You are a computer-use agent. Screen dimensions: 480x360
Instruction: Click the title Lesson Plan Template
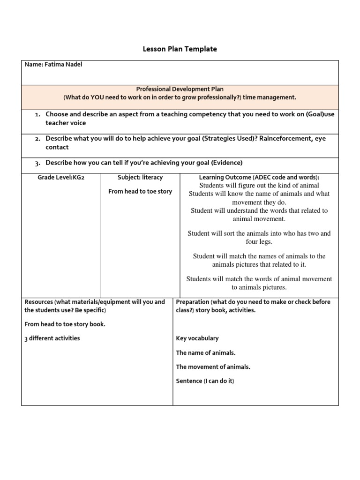point(180,49)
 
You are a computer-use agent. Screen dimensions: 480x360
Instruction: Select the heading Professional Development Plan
point(180,89)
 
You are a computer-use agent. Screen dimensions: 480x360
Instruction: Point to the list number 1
point(37,115)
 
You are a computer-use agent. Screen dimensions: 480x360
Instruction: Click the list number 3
point(37,163)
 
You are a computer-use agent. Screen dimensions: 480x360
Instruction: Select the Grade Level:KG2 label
point(61,178)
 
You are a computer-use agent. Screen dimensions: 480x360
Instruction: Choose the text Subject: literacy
point(140,178)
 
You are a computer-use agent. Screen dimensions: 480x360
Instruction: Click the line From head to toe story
point(140,191)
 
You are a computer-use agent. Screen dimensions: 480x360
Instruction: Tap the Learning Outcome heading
point(259,178)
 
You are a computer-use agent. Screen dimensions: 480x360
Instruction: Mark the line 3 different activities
point(52,338)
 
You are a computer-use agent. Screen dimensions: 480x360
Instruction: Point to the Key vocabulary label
point(197,338)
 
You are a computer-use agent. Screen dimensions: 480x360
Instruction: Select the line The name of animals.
point(206,352)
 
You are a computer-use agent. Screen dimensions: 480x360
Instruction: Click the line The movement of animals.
point(213,367)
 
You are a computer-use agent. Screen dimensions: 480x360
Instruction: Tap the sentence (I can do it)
point(218,381)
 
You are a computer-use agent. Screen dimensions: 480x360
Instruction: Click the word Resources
point(38,302)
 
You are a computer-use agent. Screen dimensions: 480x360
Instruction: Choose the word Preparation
point(192,302)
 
